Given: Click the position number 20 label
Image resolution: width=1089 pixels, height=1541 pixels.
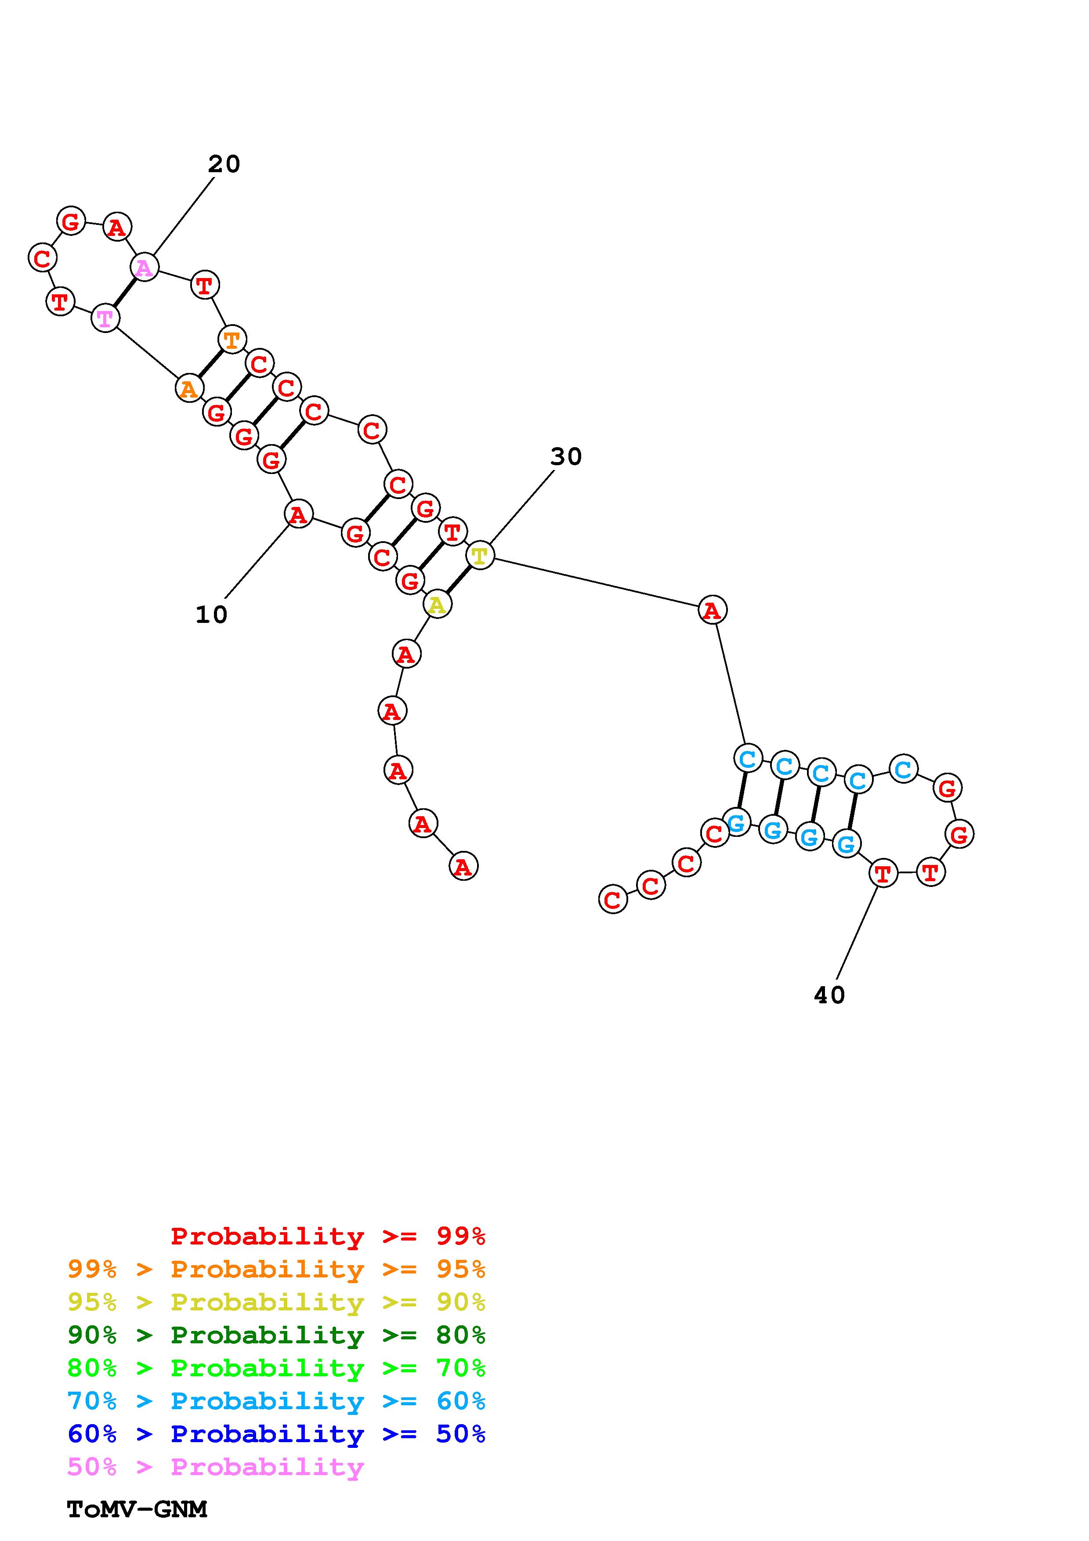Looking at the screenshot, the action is click(x=224, y=164).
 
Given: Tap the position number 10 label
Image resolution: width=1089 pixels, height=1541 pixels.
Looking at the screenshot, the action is click(x=211, y=614).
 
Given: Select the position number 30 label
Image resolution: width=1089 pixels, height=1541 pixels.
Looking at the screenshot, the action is click(x=566, y=456).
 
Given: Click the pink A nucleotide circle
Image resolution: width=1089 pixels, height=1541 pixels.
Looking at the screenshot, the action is click(x=144, y=268).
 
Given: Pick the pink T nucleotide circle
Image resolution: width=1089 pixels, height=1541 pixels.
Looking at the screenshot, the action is click(x=105, y=318).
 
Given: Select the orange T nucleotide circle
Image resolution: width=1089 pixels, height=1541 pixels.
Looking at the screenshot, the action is click(x=232, y=340).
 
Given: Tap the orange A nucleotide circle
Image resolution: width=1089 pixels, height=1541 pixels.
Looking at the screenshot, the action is click(x=189, y=388).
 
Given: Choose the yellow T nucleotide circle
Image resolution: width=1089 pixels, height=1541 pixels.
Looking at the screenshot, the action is click(x=480, y=556).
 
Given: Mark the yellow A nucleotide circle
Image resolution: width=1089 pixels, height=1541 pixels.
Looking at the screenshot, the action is click(x=437, y=605).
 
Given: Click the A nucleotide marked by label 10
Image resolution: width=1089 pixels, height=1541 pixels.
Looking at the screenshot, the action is click(x=299, y=514).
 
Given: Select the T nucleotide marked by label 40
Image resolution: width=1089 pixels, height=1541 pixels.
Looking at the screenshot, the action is click(x=883, y=873).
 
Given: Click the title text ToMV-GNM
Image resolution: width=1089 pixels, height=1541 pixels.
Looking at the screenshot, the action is click(x=137, y=1509).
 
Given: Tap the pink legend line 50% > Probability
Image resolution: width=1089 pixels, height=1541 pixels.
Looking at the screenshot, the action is click(x=215, y=1466).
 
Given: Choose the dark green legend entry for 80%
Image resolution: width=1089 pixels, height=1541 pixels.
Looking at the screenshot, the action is click(x=276, y=1335).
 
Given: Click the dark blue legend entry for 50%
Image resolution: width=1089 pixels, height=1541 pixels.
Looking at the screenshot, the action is click(x=276, y=1434).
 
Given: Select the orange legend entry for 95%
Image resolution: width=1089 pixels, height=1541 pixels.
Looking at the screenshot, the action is click(x=276, y=1269).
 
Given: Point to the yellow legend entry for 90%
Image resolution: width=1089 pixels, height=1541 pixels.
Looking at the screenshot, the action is click(x=276, y=1302).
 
